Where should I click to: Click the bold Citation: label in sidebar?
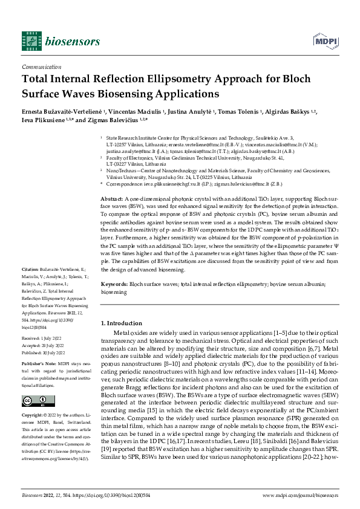click(x=30, y=286)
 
